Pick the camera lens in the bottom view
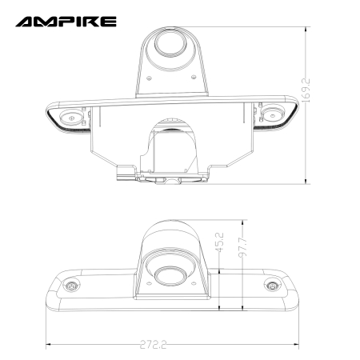[x=168, y=277]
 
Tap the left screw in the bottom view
[x=71, y=286]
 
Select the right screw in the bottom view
[x=274, y=286]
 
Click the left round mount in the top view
[x=73, y=117]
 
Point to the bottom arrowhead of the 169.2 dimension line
[x=306, y=182]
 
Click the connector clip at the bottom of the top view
[x=125, y=170]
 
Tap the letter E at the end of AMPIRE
[x=109, y=21]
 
